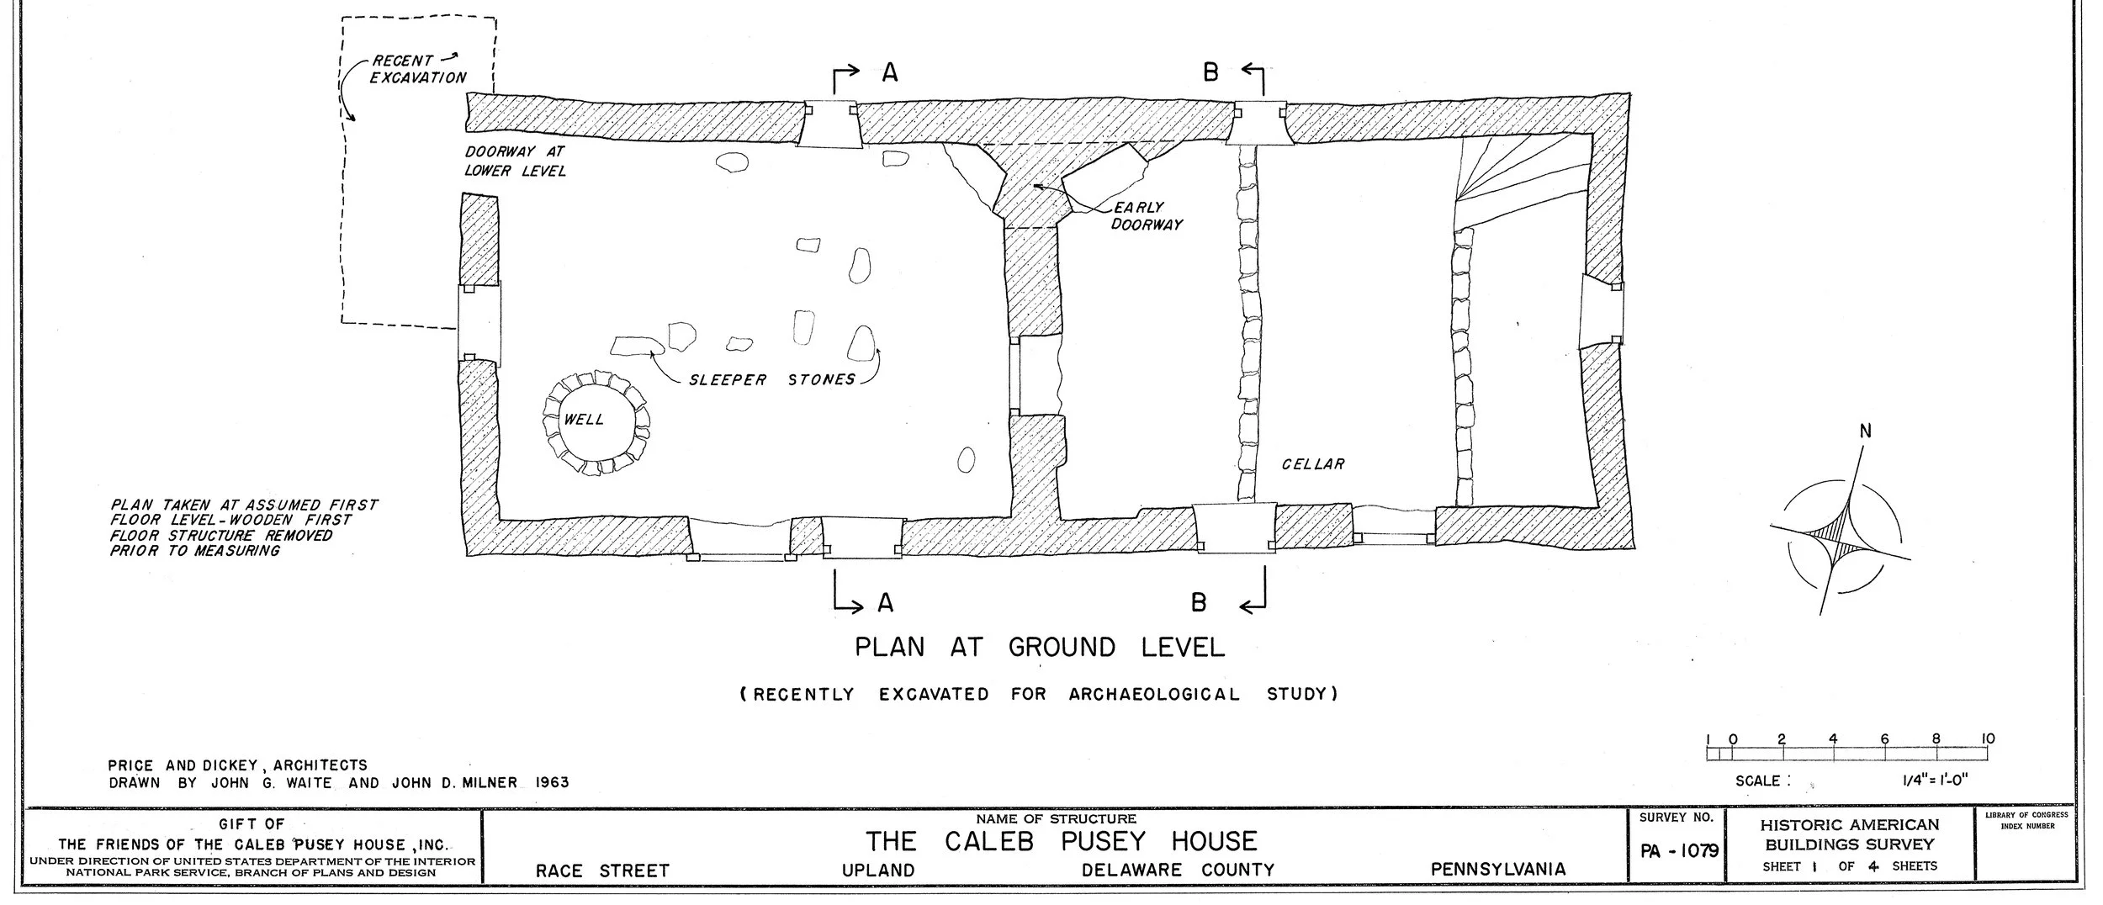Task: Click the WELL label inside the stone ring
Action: [x=584, y=420]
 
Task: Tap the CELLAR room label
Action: [x=1313, y=464]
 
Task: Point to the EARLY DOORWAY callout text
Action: [x=1147, y=216]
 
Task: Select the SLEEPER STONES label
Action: [x=771, y=380]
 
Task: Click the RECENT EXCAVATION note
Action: [x=418, y=69]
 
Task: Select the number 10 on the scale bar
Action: [x=1987, y=739]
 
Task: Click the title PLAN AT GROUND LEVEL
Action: [x=1040, y=648]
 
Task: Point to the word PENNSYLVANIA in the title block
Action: [x=1498, y=870]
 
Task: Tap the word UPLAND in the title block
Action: [x=878, y=871]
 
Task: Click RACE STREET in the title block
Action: [x=602, y=871]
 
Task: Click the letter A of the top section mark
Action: [x=890, y=74]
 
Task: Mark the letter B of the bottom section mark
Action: [x=1199, y=602]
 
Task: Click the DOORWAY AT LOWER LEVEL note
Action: [x=515, y=161]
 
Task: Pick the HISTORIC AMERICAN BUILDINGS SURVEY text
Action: [x=1849, y=834]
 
